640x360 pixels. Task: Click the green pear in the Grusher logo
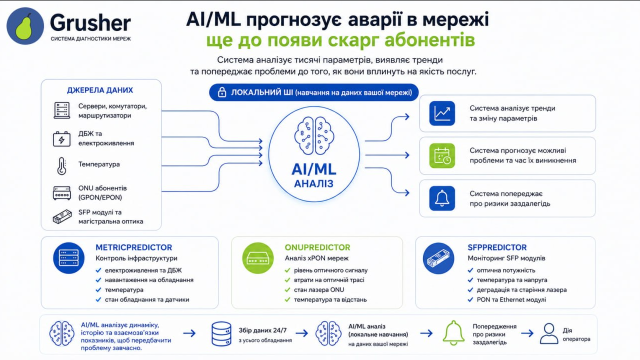tap(24, 26)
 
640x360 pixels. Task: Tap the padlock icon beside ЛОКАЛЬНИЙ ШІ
tap(222, 92)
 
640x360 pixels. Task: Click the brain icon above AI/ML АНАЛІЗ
tap(314, 135)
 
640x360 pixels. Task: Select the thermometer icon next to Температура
tap(61, 165)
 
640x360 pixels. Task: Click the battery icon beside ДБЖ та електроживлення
tap(61, 139)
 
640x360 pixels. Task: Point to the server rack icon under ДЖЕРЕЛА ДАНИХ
tap(61, 110)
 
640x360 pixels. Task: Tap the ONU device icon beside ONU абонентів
tap(61, 193)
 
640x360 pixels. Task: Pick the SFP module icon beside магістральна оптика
tap(62, 217)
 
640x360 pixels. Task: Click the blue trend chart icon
tap(442, 113)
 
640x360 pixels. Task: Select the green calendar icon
tap(442, 155)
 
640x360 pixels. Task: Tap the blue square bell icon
tap(442, 198)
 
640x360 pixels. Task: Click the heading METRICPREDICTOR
tap(133, 247)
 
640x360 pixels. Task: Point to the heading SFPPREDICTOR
tap(497, 247)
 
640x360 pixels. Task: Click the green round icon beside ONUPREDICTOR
tap(257, 258)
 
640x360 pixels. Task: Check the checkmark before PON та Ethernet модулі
tap(470, 299)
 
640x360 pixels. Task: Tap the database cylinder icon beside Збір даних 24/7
tap(221, 333)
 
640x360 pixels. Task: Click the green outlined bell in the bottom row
tap(453, 333)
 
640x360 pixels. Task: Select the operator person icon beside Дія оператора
tap(549, 333)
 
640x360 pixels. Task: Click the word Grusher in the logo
tap(90, 22)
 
